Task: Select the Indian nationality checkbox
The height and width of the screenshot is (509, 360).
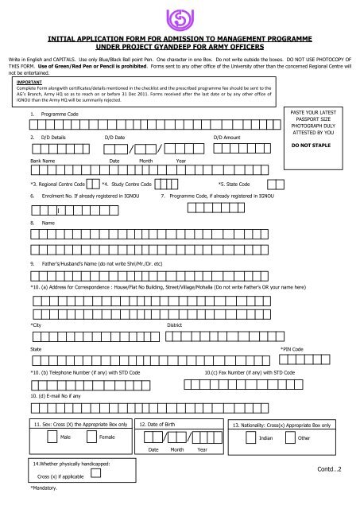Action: [x=252, y=437]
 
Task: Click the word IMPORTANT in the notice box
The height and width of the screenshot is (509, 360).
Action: [x=31, y=80]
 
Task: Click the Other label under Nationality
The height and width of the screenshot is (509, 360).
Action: [x=304, y=438]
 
